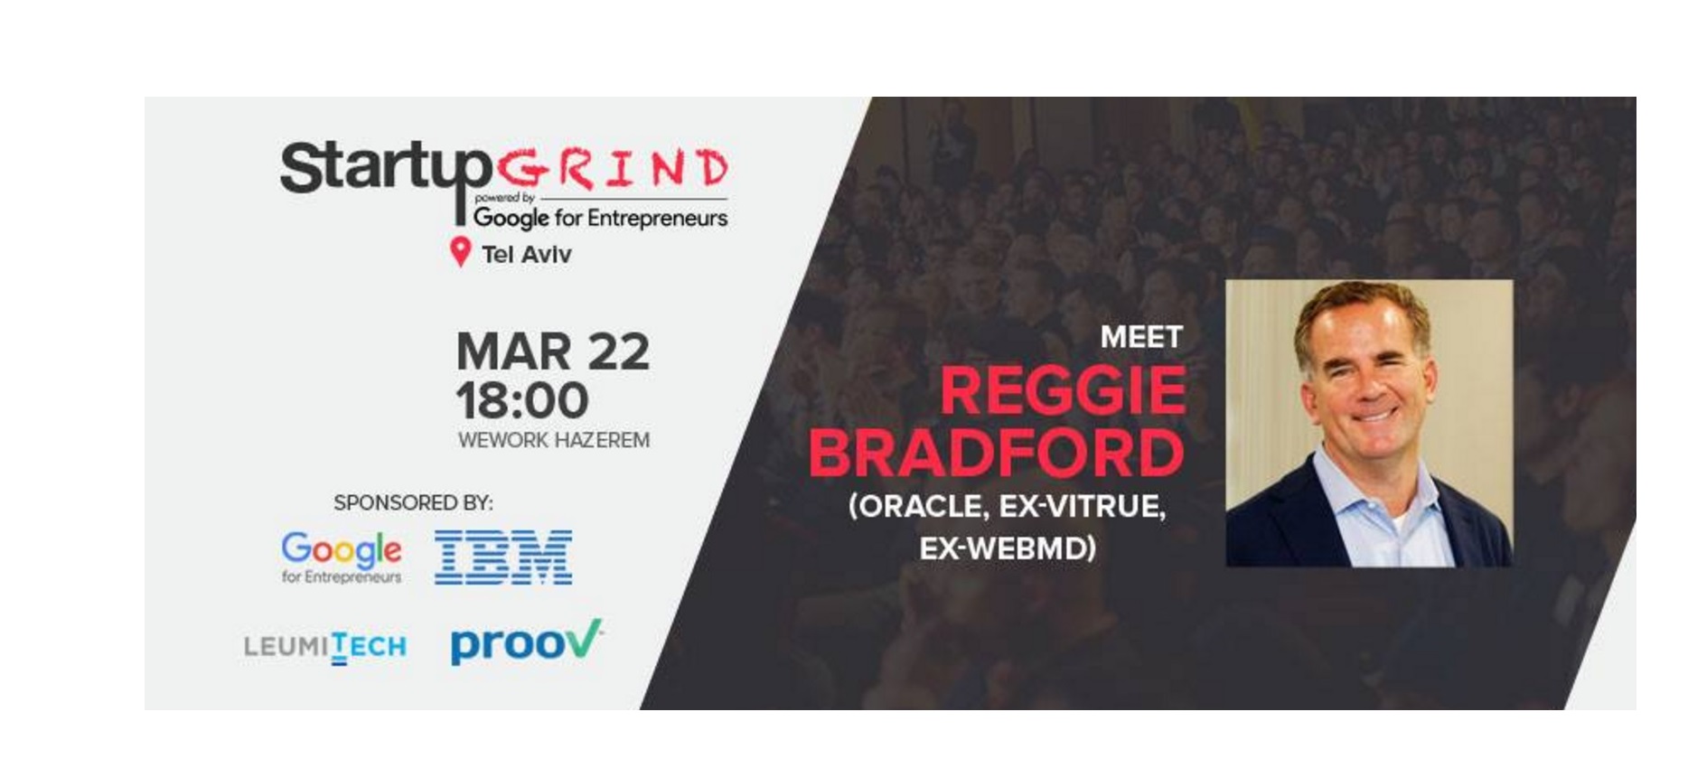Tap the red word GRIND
[x=613, y=169]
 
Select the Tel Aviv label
[x=527, y=255]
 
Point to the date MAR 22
[x=552, y=351]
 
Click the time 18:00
[x=522, y=400]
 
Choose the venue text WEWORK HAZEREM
[x=554, y=440]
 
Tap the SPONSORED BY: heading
[x=413, y=502]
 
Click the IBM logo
[x=503, y=557]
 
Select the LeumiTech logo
[x=325, y=646]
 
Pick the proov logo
[x=526, y=642]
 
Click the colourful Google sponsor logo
[x=342, y=557]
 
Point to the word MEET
[x=1141, y=337]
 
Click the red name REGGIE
[x=1063, y=390]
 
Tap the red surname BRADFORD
[x=996, y=453]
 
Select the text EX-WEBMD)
[x=1008, y=548]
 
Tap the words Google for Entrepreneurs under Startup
[x=600, y=218]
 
